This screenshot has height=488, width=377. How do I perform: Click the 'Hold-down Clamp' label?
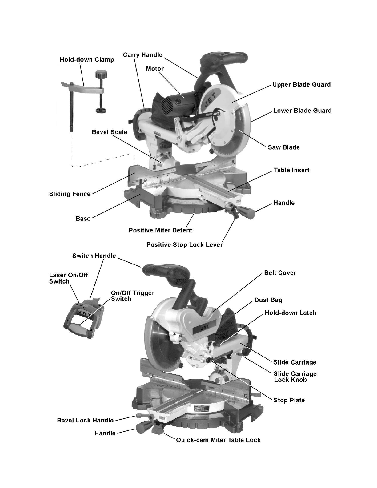pyautogui.click(x=87, y=60)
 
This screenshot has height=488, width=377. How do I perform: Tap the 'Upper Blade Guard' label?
pyautogui.click(x=301, y=85)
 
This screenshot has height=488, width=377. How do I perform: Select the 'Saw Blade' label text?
pyautogui.click(x=283, y=147)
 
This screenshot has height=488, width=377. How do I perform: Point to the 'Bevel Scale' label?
pyautogui.click(x=109, y=132)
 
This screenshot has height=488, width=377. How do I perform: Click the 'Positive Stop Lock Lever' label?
pyautogui.click(x=184, y=245)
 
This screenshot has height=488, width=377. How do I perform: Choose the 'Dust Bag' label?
pyautogui.click(x=268, y=300)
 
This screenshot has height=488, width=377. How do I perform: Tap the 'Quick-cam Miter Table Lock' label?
pyautogui.click(x=218, y=440)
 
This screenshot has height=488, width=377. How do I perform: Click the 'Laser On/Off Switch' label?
pyautogui.click(x=68, y=278)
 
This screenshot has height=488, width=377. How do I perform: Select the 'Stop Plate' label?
pyautogui.click(x=289, y=400)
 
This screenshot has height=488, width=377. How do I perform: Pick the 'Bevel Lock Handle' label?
pyautogui.click(x=85, y=421)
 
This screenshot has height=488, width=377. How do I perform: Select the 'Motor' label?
pyautogui.click(x=155, y=69)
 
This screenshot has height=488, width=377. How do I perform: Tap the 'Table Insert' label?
pyautogui.click(x=291, y=170)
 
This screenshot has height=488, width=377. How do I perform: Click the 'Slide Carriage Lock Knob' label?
pyautogui.click(x=295, y=377)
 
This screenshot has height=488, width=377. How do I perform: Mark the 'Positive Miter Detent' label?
pyautogui.click(x=160, y=231)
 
